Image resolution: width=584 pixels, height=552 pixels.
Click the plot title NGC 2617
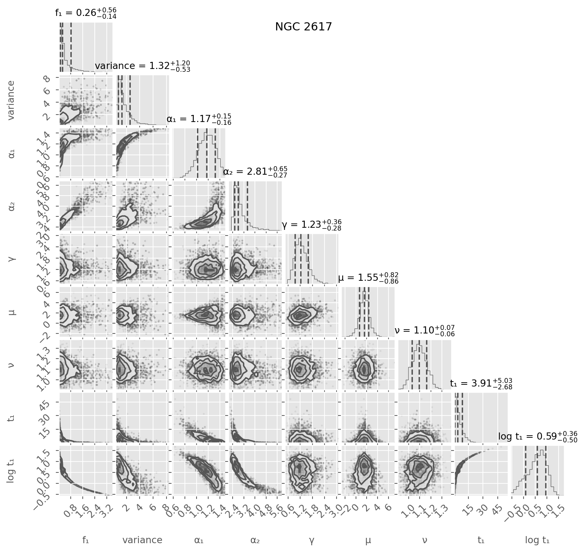(x=304, y=27)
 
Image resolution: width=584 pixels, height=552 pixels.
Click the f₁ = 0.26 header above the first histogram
(x=86, y=13)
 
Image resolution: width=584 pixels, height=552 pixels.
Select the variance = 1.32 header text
(x=142, y=66)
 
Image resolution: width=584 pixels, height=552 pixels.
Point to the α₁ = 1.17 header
(x=199, y=119)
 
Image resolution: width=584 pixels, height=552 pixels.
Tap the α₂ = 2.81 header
(x=255, y=172)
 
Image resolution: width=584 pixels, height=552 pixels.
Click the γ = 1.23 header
(x=311, y=225)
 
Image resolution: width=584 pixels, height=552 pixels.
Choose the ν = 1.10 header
(x=425, y=331)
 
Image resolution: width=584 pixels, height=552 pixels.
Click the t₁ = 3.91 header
(x=481, y=384)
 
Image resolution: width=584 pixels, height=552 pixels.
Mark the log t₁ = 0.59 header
(x=537, y=437)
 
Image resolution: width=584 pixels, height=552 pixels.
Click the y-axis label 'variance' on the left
(x=12, y=100)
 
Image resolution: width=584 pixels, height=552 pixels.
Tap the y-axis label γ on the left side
(x=12, y=258)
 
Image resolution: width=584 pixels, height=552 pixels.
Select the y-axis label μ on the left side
(x=12, y=312)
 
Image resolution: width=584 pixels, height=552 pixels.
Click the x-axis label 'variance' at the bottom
(x=142, y=540)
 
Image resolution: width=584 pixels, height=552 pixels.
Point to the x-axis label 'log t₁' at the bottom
(x=537, y=540)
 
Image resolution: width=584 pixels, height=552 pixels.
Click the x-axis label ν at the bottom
(x=425, y=540)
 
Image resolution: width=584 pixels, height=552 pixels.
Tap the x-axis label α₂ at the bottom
(x=255, y=540)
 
